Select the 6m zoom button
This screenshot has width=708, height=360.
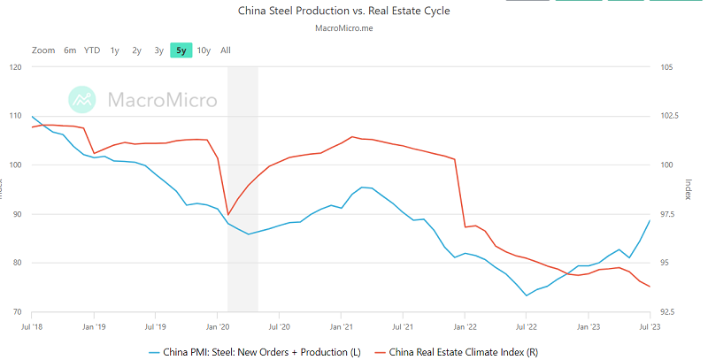point(70,50)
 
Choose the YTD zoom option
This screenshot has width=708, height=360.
point(92,50)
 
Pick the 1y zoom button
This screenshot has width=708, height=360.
point(115,50)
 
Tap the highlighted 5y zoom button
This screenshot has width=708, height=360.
point(181,50)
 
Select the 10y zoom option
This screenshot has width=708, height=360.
point(204,50)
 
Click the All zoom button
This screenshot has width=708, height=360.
point(226,50)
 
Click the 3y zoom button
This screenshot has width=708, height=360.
point(158,50)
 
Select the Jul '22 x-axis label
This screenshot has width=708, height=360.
point(526,326)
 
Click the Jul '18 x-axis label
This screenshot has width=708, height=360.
point(32,326)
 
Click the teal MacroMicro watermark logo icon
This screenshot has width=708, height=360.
point(83,100)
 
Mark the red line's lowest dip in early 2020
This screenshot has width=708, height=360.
point(228,215)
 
